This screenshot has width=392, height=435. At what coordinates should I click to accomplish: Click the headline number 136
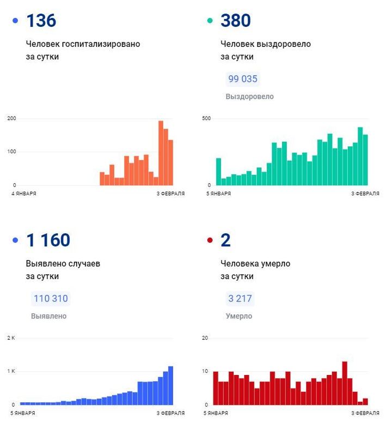pos(41,21)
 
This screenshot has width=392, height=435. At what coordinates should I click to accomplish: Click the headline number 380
pos(236,21)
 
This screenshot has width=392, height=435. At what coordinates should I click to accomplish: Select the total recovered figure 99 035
pos(242,79)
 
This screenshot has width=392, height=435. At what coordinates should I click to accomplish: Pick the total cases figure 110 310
pos(51,299)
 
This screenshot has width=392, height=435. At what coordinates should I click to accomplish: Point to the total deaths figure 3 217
pos(240,299)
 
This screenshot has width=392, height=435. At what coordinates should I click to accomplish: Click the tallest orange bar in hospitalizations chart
pos(161,153)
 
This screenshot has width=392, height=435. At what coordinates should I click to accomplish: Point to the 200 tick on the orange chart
pos(11,119)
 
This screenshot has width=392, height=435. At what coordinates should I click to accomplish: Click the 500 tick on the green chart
pos(206,119)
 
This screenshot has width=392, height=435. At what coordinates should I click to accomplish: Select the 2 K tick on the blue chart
pos(11,338)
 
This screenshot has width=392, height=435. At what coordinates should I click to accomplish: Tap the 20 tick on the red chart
pos(205,338)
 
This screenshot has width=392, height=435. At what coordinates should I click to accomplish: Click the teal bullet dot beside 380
pos(210,21)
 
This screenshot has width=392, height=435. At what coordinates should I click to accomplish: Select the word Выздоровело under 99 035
pos(249,96)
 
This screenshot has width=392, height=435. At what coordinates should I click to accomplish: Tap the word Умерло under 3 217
pos(239,316)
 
